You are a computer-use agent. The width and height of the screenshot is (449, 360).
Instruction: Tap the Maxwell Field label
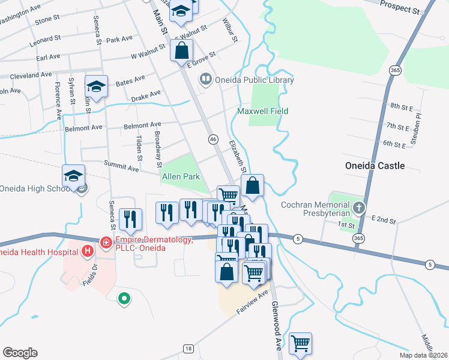point(262,111)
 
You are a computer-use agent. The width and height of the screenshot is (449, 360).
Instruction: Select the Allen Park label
point(180,177)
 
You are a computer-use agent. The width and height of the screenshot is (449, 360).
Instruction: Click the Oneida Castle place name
point(375,166)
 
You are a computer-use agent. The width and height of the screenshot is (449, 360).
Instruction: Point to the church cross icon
point(359,208)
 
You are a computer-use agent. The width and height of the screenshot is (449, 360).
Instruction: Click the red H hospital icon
point(88,250)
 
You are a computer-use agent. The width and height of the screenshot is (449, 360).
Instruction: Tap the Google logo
point(20,353)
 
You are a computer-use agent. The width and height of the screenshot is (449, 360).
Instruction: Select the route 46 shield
point(213,139)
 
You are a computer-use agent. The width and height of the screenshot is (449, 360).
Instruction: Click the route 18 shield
point(188,348)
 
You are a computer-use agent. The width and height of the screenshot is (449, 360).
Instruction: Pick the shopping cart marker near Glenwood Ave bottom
point(300,344)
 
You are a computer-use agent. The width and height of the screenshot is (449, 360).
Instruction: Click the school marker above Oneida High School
point(73,176)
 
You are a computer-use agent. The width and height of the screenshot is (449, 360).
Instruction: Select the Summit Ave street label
point(121,168)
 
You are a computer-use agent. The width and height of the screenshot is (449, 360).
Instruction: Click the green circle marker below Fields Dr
point(124,297)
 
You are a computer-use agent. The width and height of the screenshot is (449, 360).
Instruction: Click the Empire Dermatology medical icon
point(106,242)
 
